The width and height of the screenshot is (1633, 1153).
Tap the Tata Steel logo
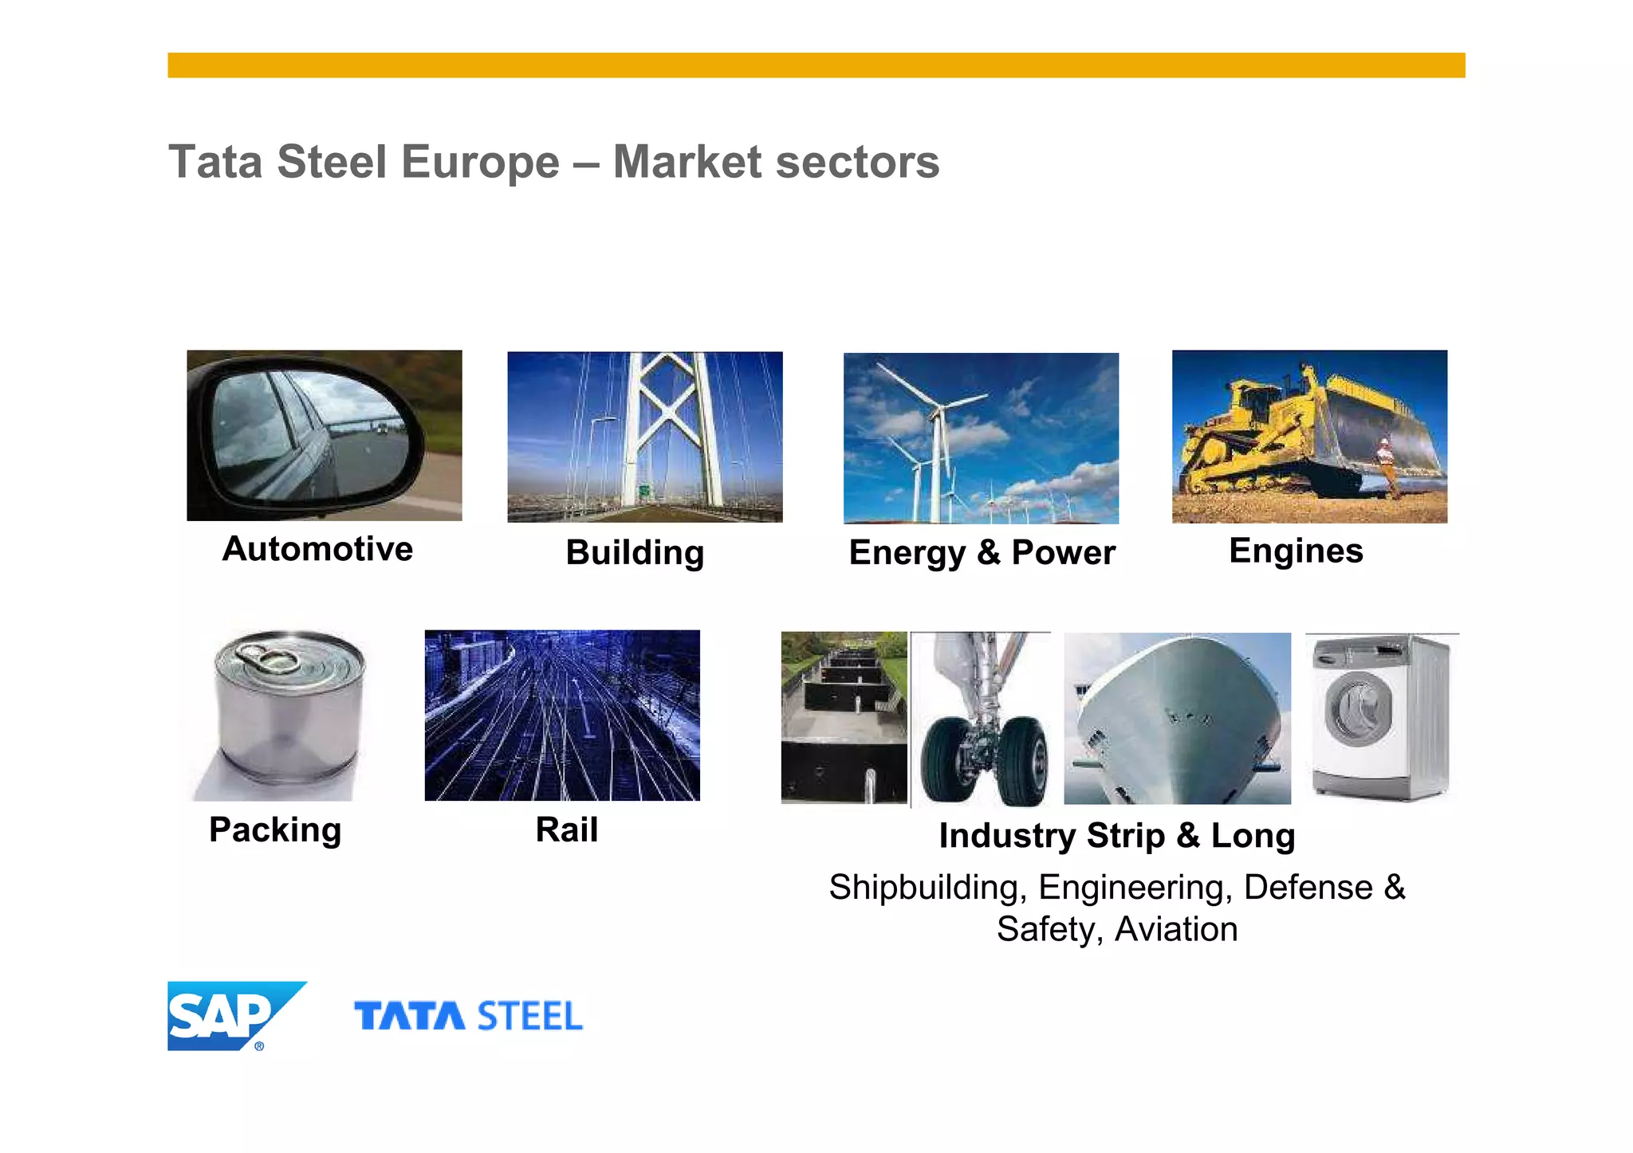coord(468,1017)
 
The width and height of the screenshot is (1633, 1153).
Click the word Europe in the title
coord(480,162)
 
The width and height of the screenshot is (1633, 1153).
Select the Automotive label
coord(317,549)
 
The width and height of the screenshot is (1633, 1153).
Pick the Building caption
coord(635,552)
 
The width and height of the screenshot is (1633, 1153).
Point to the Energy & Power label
coord(982,552)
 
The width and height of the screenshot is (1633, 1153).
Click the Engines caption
coord(1296,551)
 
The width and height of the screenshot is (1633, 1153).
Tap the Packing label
coord(275,829)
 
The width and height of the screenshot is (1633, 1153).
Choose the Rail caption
coord(566,829)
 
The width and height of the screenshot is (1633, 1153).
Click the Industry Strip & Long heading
coord(1116,835)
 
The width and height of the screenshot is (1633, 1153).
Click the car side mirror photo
coord(324,436)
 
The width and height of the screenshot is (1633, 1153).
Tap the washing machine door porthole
coord(1358,708)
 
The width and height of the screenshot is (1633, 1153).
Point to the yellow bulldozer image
coord(1309,437)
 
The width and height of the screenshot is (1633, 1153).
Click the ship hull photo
coord(1177,718)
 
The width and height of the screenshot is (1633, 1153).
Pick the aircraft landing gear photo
coord(982,718)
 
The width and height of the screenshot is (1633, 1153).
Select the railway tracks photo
coord(562,715)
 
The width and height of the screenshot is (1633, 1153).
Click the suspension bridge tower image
coord(645,437)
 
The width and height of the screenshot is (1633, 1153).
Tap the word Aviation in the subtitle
coord(1176,929)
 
